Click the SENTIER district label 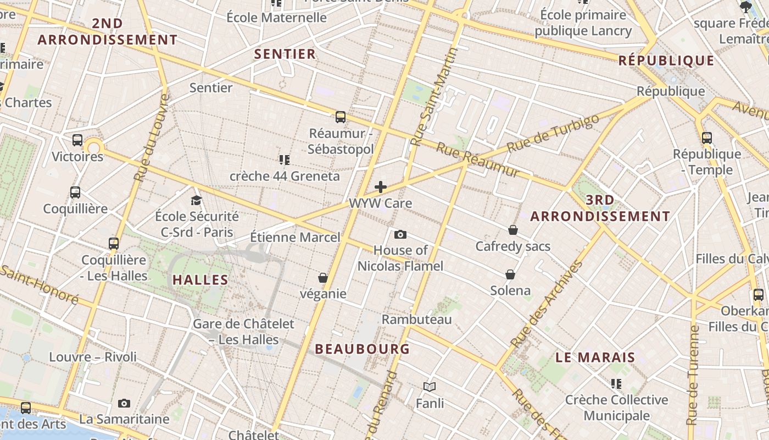(x=285, y=54)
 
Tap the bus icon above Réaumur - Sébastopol (x=341, y=117)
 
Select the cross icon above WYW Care (x=381, y=187)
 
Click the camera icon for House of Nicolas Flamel (x=400, y=235)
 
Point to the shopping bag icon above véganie (x=323, y=278)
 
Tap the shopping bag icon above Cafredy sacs (x=513, y=230)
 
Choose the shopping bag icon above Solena (x=510, y=274)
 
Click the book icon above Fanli (x=430, y=387)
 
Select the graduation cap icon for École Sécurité (x=197, y=200)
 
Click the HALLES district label (x=200, y=280)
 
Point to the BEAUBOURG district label (x=363, y=349)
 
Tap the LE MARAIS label (x=595, y=358)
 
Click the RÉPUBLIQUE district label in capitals (x=667, y=61)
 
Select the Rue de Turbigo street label (x=553, y=134)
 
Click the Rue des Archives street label (x=547, y=304)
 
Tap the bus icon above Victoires (x=77, y=140)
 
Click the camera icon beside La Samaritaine (x=124, y=404)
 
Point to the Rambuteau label (x=417, y=320)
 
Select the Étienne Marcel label (x=295, y=238)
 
